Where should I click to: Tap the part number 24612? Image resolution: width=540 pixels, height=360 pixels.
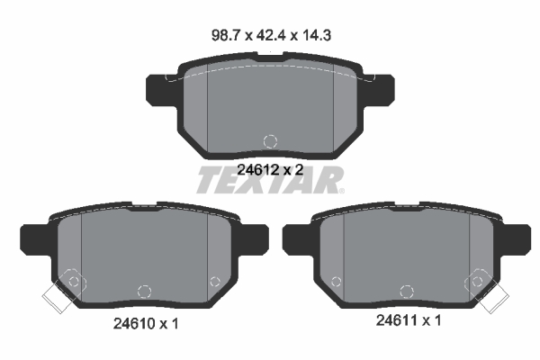[x=256, y=168]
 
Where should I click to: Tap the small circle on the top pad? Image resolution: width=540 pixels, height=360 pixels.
[x=268, y=140]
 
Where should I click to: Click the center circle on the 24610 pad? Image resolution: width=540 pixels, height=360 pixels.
[x=141, y=291]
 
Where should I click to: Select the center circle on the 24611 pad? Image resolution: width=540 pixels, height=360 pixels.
[x=397, y=290]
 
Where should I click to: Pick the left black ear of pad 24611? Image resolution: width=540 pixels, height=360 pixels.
[x=295, y=238]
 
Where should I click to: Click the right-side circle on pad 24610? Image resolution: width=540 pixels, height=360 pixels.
[x=214, y=281]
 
